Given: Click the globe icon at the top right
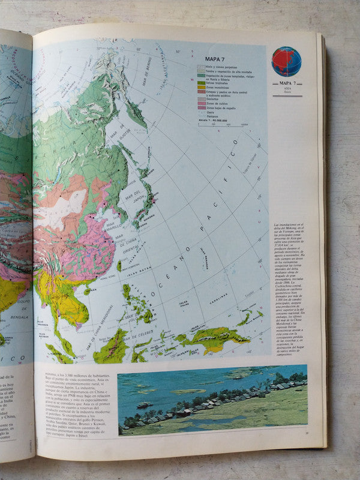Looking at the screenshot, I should click(x=286, y=61).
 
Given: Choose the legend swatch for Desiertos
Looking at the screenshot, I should click(x=201, y=100).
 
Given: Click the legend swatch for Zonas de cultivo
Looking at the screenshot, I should click(x=201, y=104).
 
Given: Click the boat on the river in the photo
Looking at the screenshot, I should click(x=144, y=405).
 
